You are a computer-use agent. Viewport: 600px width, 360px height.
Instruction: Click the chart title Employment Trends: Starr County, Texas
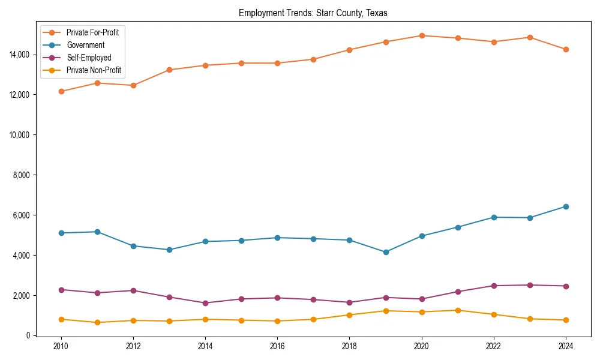point(313,13)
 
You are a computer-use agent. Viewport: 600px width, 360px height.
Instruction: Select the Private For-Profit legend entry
point(92,32)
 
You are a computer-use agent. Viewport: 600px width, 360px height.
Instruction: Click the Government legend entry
point(85,45)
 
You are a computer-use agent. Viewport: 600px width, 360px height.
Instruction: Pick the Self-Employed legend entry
point(89,58)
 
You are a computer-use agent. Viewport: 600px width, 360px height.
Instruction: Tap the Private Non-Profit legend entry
point(94,70)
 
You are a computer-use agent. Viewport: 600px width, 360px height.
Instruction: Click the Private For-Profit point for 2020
point(422,35)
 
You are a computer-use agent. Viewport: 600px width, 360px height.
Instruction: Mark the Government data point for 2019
point(386,252)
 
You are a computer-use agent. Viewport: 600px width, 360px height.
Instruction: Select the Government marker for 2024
point(566,206)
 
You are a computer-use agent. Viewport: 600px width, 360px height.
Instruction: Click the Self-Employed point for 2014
point(205,303)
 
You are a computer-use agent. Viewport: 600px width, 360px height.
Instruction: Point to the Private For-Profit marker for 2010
point(61,91)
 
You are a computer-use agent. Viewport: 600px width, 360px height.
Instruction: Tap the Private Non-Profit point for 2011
point(97,322)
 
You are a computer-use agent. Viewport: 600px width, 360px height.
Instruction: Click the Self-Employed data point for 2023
point(530,285)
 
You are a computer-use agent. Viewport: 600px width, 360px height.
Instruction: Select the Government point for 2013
point(169,250)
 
